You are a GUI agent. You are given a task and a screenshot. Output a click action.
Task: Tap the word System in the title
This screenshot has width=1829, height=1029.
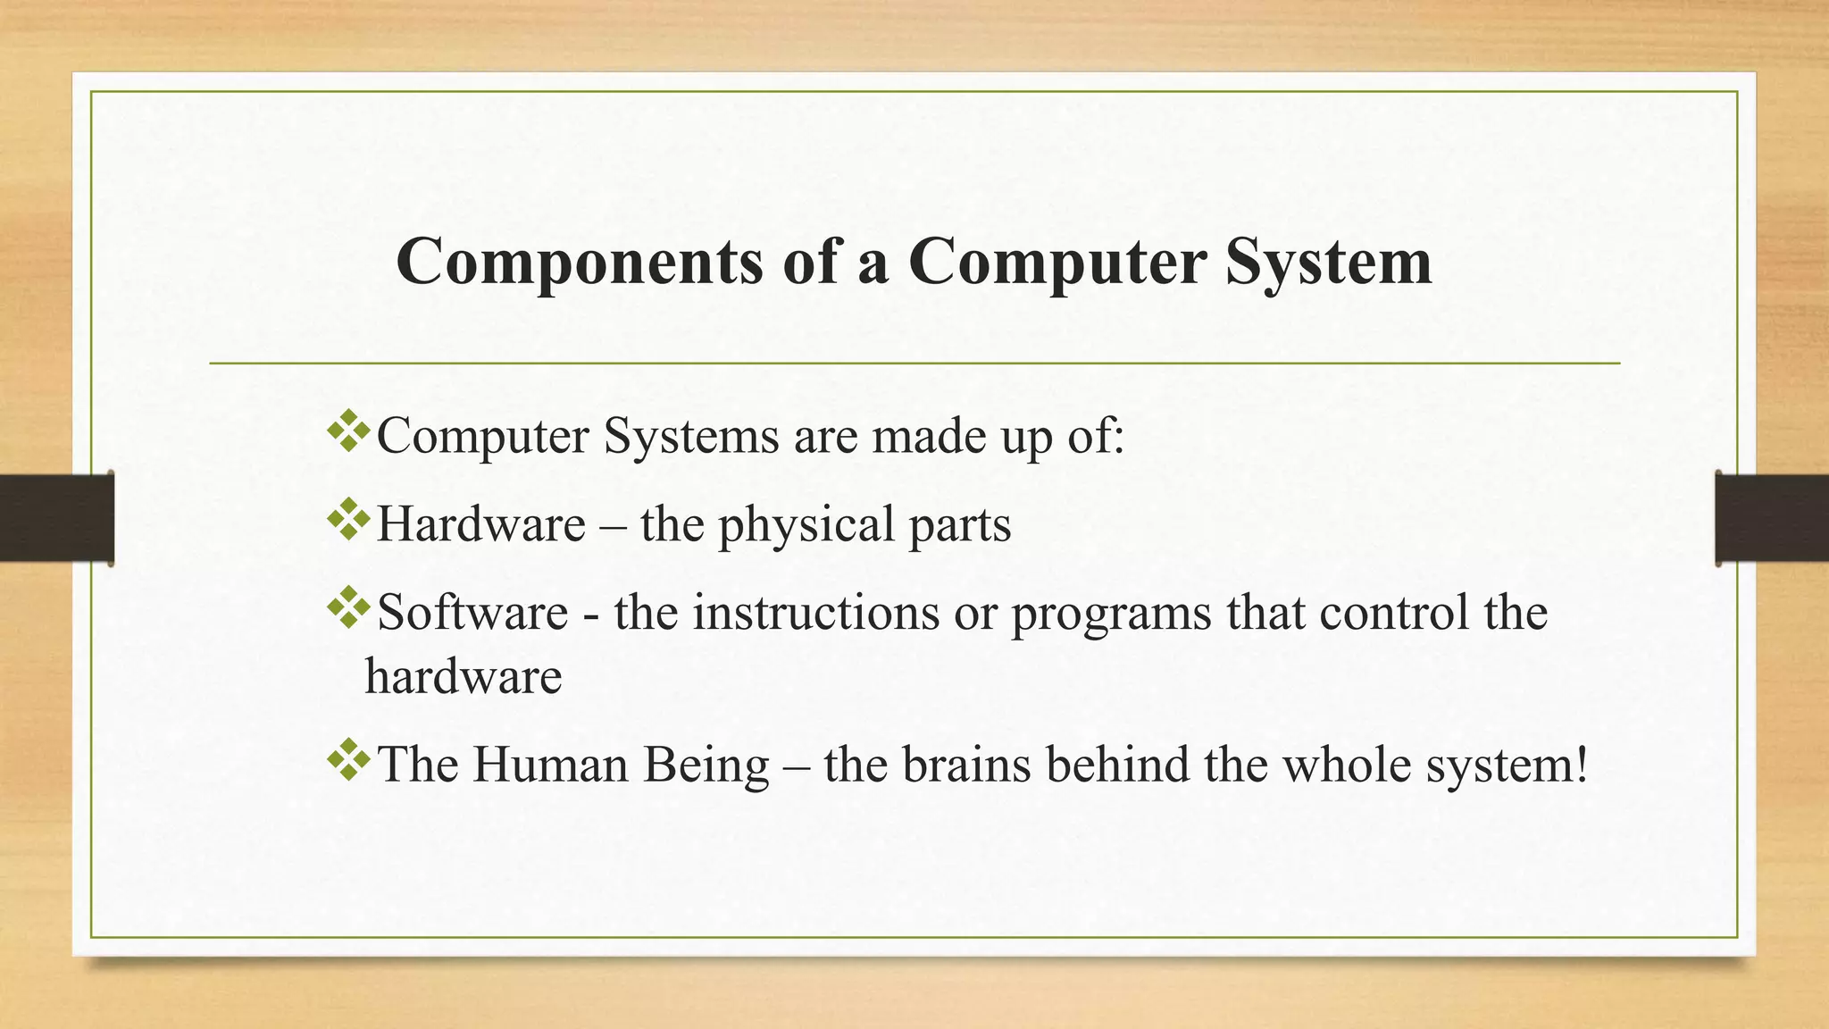click(1329, 263)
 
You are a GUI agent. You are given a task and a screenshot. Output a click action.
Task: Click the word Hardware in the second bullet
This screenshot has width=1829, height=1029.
click(480, 524)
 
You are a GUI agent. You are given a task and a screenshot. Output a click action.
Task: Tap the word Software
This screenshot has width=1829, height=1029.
click(472, 613)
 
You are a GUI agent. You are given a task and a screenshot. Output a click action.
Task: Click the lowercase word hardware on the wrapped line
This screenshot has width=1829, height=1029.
click(463, 676)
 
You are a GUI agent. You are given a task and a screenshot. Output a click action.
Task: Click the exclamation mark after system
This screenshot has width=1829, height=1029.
click(1582, 765)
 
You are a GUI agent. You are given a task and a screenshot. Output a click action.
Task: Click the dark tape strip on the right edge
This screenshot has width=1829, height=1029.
click(1772, 518)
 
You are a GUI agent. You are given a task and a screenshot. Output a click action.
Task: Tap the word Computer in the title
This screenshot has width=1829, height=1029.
click(1057, 263)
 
